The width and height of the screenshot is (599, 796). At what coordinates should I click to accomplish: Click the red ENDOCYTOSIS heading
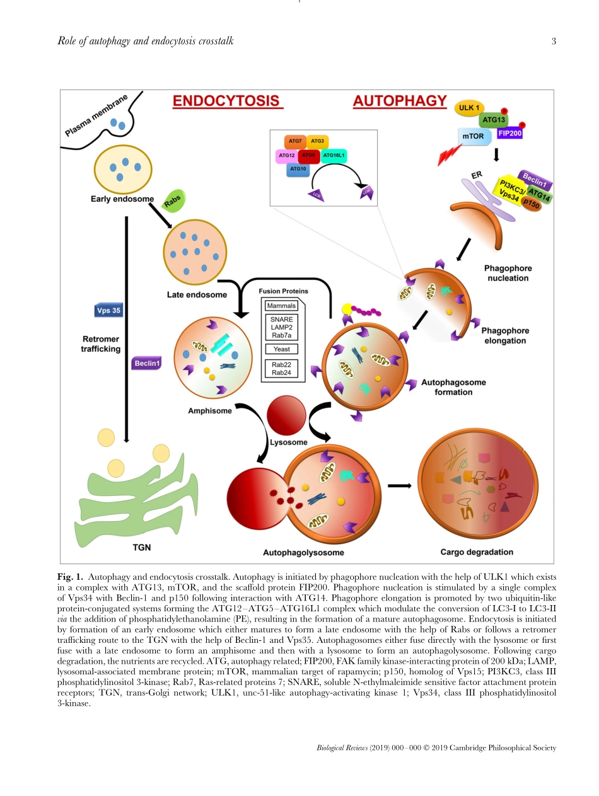(226, 101)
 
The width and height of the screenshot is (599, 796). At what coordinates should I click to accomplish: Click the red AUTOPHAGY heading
(400, 101)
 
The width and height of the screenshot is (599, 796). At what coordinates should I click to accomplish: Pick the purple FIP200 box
(509, 134)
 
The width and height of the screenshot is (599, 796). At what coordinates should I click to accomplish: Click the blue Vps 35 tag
(108, 311)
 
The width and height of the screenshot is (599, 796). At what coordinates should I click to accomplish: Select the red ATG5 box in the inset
(308, 155)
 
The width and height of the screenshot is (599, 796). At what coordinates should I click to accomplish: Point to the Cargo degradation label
(477, 552)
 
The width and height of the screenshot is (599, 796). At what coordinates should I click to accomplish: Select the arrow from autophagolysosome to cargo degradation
(399, 485)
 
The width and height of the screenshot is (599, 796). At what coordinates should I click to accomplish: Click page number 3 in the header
(554, 42)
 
